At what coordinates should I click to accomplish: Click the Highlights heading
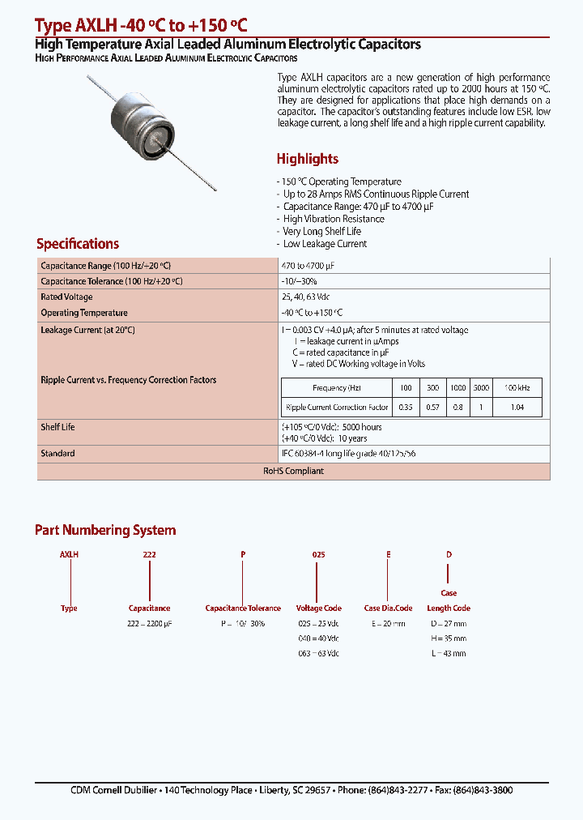pos(307,159)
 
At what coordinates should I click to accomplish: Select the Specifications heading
pos(78,244)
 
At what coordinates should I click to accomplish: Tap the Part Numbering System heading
pos(105,530)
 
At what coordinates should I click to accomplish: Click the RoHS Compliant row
pos(293,471)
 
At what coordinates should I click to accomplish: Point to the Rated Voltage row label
pos(66,297)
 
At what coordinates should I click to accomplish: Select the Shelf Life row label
pos(57,427)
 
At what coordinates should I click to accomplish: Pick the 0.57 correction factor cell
pos(433,407)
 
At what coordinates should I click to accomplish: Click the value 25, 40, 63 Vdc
pos(305,297)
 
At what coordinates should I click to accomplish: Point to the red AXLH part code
pos(69,554)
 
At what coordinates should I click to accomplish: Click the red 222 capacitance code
pos(149,554)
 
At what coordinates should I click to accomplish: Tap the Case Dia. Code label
pos(388,608)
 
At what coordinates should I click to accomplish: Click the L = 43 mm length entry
pos(448,653)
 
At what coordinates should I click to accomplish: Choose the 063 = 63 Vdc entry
pos(318,653)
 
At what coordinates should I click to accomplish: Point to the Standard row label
pos(57,453)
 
